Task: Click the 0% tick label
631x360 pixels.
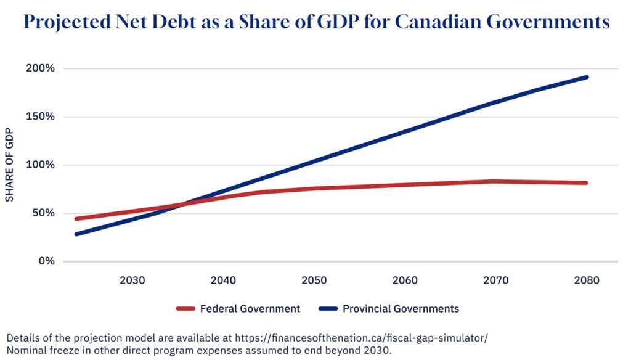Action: tap(47, 261)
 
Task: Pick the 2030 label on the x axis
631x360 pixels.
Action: tap(132, 280)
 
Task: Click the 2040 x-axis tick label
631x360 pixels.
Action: tap(223, 280)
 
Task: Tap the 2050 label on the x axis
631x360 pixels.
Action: tap(314, 280)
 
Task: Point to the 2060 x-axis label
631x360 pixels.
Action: tap(405, 280)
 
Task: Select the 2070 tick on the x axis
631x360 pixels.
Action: tap(495, 280)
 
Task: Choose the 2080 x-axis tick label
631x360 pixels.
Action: tap(586, 280)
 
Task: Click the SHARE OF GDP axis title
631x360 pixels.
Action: tap(9, 165)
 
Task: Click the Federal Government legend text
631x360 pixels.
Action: tap(250, 308)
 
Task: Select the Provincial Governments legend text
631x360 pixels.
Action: tap(401, 308)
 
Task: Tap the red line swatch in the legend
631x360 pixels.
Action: tap(185, 308)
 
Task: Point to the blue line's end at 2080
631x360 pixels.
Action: tap(586, 78)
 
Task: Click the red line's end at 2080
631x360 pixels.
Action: tap(586, 183)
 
